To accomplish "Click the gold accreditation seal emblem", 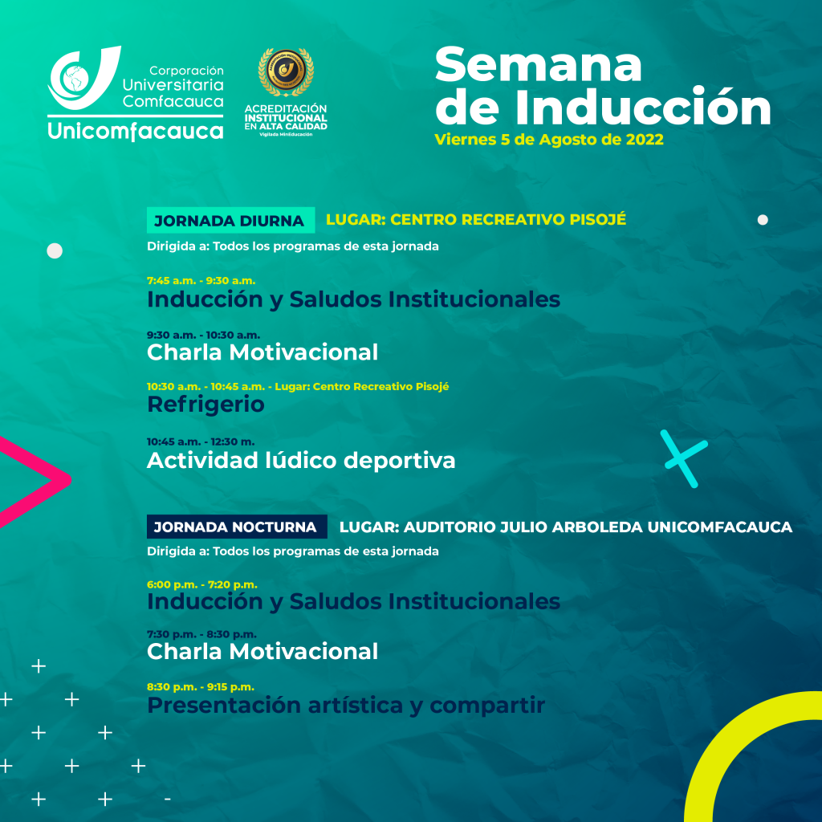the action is [286, 71].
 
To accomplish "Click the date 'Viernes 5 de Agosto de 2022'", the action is [549, 140].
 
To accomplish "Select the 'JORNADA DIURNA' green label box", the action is [230, 220].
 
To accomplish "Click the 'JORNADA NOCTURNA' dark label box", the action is [237, 527].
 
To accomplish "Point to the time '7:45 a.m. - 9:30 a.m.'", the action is [201, 280].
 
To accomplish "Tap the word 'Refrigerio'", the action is [205, 405].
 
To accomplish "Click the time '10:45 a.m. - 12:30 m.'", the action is [201, 442].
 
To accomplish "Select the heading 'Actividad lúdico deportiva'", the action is [301, 460].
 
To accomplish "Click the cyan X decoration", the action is [684, 458].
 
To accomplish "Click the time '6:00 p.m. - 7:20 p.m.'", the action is [201, 584].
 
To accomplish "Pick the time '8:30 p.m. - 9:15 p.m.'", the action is [200, 687].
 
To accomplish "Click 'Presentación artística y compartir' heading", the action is [346, 706].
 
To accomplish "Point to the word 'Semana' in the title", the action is [539, 65].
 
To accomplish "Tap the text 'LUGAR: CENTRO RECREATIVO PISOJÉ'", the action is [476, 219].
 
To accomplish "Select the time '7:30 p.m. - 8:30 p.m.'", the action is [201, 634].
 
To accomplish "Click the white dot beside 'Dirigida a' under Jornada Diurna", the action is [55, 251].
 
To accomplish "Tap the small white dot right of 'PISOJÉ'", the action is [763, 220].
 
